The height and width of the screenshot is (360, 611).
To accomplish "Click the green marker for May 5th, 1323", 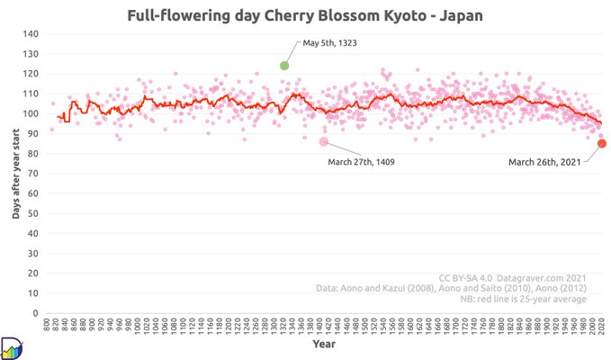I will [x=284, y=65].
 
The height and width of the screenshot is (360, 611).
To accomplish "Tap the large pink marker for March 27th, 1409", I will [x=324, y=141].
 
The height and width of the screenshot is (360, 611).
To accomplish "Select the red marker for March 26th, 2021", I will [x=601, y=143].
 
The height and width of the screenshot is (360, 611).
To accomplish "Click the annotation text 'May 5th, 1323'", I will [x=334, y=43].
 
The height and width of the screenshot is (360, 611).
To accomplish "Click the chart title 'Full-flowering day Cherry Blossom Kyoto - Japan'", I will [x=305, y=16].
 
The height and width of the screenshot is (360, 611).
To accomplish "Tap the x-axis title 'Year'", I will [x=324, y=344].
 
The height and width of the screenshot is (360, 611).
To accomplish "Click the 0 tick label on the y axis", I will [x=35, y=313].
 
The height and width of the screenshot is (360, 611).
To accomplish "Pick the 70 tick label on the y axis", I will [x=32, y=174].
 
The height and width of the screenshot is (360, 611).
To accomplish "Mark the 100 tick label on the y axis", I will [x=31, y=113].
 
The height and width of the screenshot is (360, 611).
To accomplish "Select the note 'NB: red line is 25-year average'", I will [x=524, y=299].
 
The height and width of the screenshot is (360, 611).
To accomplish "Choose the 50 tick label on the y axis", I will [x=32, y=213].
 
